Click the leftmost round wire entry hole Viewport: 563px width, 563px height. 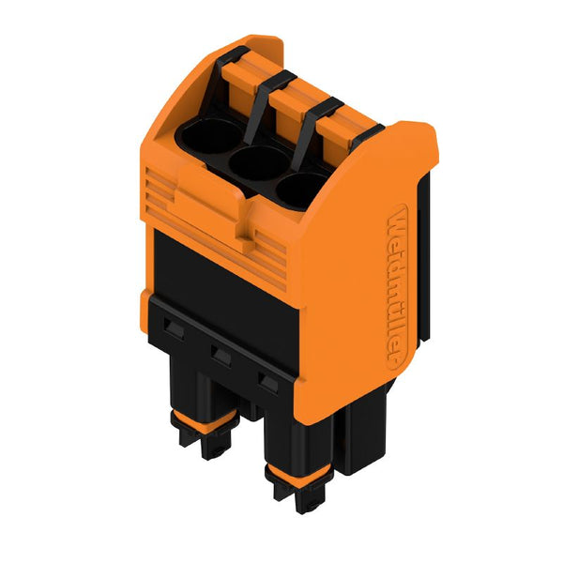(x=211, y=136)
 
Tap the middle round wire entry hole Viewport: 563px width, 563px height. (x=259, y=162)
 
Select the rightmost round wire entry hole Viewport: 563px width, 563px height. (x=301, y=190)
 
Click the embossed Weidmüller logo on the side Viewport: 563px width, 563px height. (x=398, y=287)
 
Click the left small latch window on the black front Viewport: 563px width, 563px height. (x=175, y=328)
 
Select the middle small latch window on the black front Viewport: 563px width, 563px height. (x=221, y=356)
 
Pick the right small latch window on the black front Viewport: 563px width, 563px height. (x=268, y=383)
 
